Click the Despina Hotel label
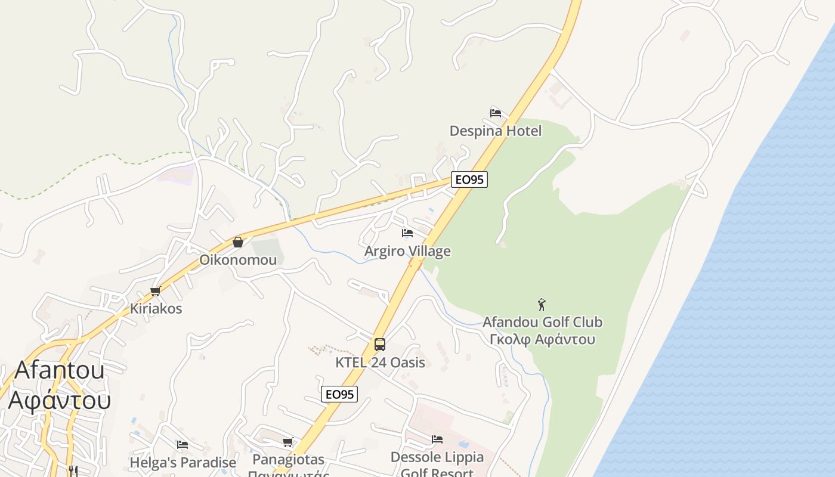(x=496, y=131)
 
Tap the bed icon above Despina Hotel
(x=496, y=113)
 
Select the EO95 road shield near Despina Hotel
(x=469, y=179)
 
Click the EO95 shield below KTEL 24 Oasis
(x=339, y=394)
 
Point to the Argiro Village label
(x=407, y=251)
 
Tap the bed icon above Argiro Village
(x=407, y=233)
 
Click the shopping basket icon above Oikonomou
(x=238, y=242)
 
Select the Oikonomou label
(x=238, y=260)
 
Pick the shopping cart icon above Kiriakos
(x=156, y=291)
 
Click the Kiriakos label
(x=156, y=309)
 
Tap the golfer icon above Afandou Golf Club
(x=542, y=305)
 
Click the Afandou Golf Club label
(x=542, y=322)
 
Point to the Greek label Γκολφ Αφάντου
(x=542, y=339)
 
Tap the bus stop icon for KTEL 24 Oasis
(x=380, y=345)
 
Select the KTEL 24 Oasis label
(x=380, y=363)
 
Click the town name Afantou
(x=59, y=370)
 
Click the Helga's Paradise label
(x=183, y=463)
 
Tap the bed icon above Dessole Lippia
(x=437, y=439)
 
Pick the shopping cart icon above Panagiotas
(x=288, y=442)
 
